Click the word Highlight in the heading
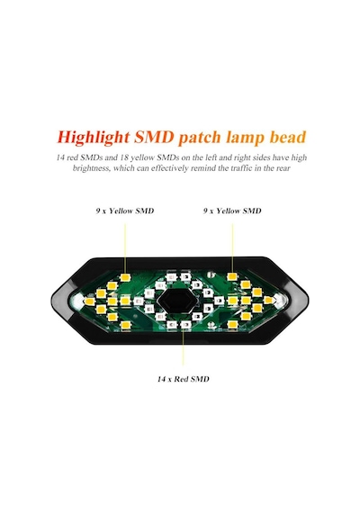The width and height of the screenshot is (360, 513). click(x=94, y=137)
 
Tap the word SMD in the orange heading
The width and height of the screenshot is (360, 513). click(x=154, y=137)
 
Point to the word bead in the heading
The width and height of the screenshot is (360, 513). click(x=288, y=137)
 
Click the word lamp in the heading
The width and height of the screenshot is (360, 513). click(x=245, y=138)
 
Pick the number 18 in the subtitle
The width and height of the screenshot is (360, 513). click(x=123, y=157)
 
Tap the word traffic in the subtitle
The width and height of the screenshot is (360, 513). click(x=240, y=168)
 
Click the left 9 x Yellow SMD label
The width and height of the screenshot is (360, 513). click(x=125, y=211)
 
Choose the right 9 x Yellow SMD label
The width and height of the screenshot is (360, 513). click(x=232, y=211)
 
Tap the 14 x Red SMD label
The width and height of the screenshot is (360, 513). click(x=183, y=379)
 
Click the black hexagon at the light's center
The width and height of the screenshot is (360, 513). click(x=175, y=301)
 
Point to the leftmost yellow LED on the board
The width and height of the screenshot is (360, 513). click(x=89, y=301)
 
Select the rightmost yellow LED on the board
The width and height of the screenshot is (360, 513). click(x=268, y=300)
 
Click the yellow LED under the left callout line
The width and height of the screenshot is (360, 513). click(x=124, y=277)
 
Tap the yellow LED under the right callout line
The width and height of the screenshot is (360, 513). click(x=232, y=276)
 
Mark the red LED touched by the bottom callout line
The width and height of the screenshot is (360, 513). click(x=185, y=325)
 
